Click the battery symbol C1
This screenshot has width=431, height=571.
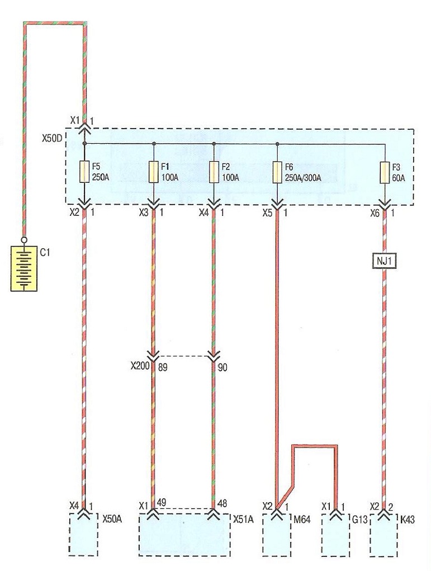click(24, 268)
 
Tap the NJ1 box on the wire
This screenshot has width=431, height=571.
click(384, 261)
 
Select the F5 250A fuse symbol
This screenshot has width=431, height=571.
click(84, 172)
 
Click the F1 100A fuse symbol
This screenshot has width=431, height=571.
click(154, 172)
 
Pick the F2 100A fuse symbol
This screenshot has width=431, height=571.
click(214, 172)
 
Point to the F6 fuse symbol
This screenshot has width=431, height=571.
click(277, 172)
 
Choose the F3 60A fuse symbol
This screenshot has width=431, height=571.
click(385, 172)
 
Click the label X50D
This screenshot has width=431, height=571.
click(52, 139)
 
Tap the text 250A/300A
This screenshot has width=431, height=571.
click(303, 178)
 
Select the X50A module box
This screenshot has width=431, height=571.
click(83, 534)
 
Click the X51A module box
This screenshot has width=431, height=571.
click(184, 535)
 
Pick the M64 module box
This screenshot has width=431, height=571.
click(277, 535)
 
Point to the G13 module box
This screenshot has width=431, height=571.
click(335, 535)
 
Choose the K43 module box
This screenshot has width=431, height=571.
click(383, 535)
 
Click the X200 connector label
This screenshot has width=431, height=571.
click(140, 366)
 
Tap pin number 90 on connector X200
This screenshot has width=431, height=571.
click(222, 367)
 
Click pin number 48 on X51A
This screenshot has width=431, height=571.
click(222, 503)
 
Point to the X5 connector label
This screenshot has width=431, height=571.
click(267, 213)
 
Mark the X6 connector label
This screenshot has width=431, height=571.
click(375, 213)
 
